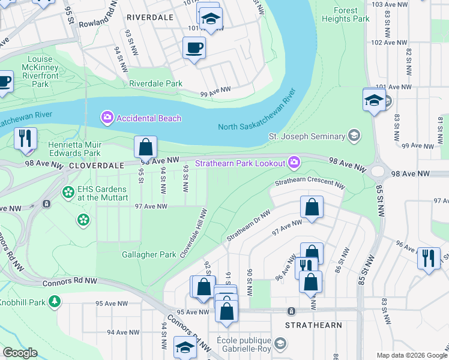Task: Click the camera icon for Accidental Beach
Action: (x=108, y=118)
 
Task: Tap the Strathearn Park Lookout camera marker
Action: (x=294, y=162)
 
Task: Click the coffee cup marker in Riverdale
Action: (x=194, y=47)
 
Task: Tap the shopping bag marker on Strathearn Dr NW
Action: (x=312, y=208)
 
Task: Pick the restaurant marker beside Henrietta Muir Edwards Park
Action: (x=25, y=139)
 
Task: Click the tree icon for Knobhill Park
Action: (x=55, y=300)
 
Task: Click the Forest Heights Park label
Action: (x=351, y=14)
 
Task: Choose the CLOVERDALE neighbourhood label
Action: (x=96, y=164)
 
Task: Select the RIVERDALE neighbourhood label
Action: (x=149, y=17)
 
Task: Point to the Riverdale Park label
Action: (x=155, y=84)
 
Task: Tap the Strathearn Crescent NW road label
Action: (x=310, y=183)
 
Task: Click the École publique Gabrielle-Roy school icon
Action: (x=280, y=344)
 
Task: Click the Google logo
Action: (x=20, y=353)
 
